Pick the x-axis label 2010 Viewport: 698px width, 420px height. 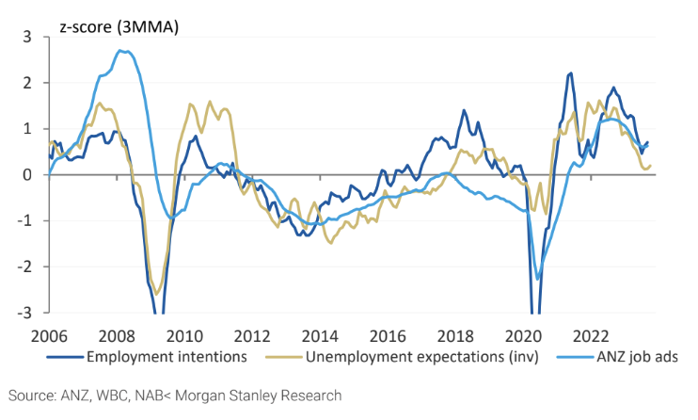[x=182, y=334]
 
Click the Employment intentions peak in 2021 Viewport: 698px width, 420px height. [x=570, y=73]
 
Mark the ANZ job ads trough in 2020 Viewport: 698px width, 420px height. [x=537, y=278]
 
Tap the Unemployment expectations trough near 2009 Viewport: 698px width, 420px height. [x=157, y=293]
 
